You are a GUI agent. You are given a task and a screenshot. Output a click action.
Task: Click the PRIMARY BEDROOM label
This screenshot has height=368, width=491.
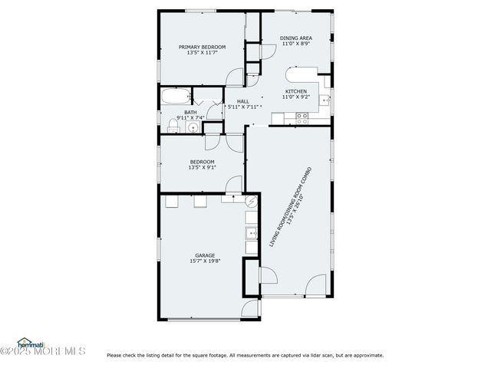point(202,47)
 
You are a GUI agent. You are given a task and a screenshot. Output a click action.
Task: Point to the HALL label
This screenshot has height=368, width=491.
point(242,101)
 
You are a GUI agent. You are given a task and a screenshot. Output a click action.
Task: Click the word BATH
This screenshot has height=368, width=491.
point(189,111)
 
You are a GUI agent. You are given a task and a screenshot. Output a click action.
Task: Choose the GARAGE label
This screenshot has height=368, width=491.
point(205,255)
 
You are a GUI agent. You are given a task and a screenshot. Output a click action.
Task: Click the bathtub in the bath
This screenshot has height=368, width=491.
point(176,97)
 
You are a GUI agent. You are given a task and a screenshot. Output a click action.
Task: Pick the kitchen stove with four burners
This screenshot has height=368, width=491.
point(302,117)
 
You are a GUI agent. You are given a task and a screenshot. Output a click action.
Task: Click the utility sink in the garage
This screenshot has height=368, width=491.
point(251,233)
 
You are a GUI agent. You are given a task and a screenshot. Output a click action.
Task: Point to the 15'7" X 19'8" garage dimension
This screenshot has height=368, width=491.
point(205,261)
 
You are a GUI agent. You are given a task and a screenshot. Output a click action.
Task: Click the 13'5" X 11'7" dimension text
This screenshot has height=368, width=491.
point(202,53)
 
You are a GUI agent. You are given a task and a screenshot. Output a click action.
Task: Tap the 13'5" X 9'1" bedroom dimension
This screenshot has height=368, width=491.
point(203,167)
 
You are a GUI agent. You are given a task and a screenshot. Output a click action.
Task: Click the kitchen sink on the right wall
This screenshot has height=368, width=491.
point(325,100)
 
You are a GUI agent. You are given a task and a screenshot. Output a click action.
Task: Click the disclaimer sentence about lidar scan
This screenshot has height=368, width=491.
point(245,355)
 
